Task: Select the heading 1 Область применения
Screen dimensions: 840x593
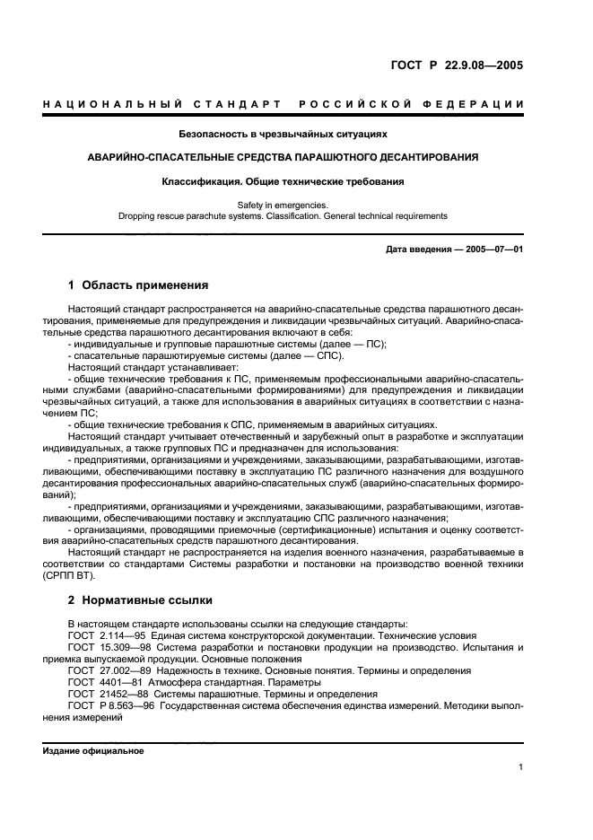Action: (138, 285)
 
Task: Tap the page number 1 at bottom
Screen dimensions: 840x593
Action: (520, 767)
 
